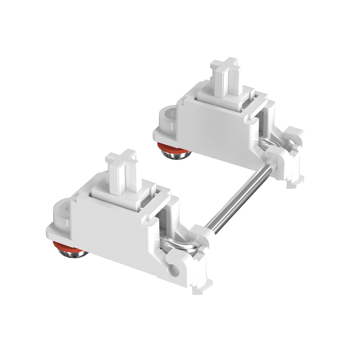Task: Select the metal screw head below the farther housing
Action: tap(176, 155)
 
